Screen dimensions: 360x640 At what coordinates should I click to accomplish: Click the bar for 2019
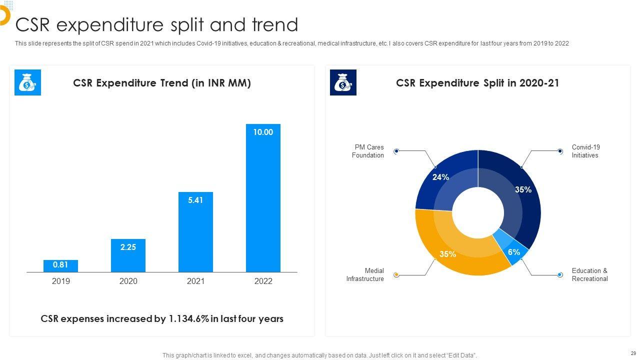pyautogui.click(x=60, y=266)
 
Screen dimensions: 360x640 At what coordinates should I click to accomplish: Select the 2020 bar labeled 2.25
pyautogui.click(x=128, y=255)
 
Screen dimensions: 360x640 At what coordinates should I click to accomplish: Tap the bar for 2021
pyautogui.click(x=195, y=232)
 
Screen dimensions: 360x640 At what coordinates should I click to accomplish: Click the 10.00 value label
pyautogui.click(x=263, y=132)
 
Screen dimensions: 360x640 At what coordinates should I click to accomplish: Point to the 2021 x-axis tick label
pyautogui.click(x=195, y=281)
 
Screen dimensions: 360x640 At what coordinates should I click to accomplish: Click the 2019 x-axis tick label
pyautogui.click(x=60, y=281)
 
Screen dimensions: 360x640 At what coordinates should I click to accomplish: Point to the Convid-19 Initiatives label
pyautogui.click(x=585, y=151)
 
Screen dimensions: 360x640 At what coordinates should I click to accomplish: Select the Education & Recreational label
pyautogui.click(x=589, y=275)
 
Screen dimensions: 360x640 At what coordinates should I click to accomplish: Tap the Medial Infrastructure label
pyautogui.click(x=365, y=275)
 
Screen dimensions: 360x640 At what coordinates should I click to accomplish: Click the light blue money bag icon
pyautogui.click(x=27, y=82)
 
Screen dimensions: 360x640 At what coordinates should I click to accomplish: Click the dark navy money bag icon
pyautogui.click(x=343, y=82)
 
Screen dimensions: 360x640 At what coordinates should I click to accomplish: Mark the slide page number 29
pyautogui.click(x=633, y=353)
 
